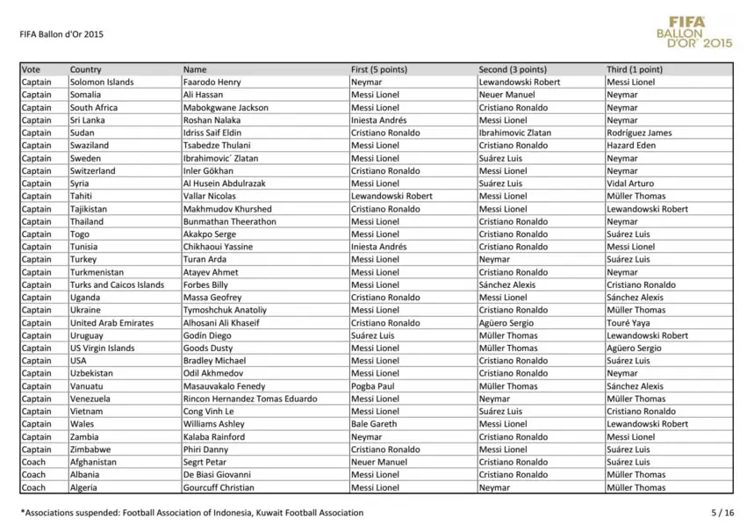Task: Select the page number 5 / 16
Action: (722, 512)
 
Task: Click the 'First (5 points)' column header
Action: (378, 69)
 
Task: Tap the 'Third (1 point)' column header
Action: (635, 69)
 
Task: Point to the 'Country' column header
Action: (86, 69)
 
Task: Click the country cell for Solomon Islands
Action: (102, 83)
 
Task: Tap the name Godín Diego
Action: (207, 335)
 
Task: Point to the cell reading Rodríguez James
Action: (639, 133)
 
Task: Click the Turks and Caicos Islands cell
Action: (117, 284)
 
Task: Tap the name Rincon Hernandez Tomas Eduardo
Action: (249, 399)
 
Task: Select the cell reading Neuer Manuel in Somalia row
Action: (506, 95)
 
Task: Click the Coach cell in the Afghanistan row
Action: (33, 462)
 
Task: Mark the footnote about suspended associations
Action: (191, 512)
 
